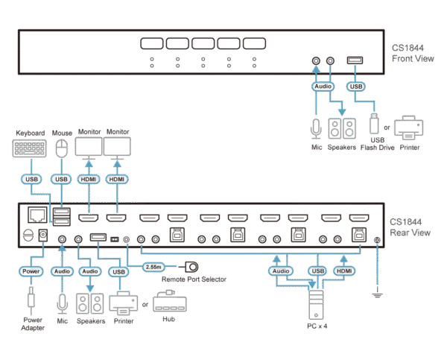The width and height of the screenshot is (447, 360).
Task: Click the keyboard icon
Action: [x=30, y=148]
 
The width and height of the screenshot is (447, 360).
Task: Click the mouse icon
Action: [x=63, y=148]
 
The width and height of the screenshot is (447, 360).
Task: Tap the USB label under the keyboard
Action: [x=30, y=180]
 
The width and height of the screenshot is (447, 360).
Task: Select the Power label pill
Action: [x=31, y=272]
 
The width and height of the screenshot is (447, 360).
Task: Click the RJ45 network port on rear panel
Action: [x=34, y=215]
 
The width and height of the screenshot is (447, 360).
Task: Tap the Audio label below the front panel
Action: [x=323, y=86]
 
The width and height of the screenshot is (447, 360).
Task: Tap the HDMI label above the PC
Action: [x=343, y=271]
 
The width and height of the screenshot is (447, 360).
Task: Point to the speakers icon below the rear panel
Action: [x=90, y=303]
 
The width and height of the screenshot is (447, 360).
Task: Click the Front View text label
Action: [x=412, y=54]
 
